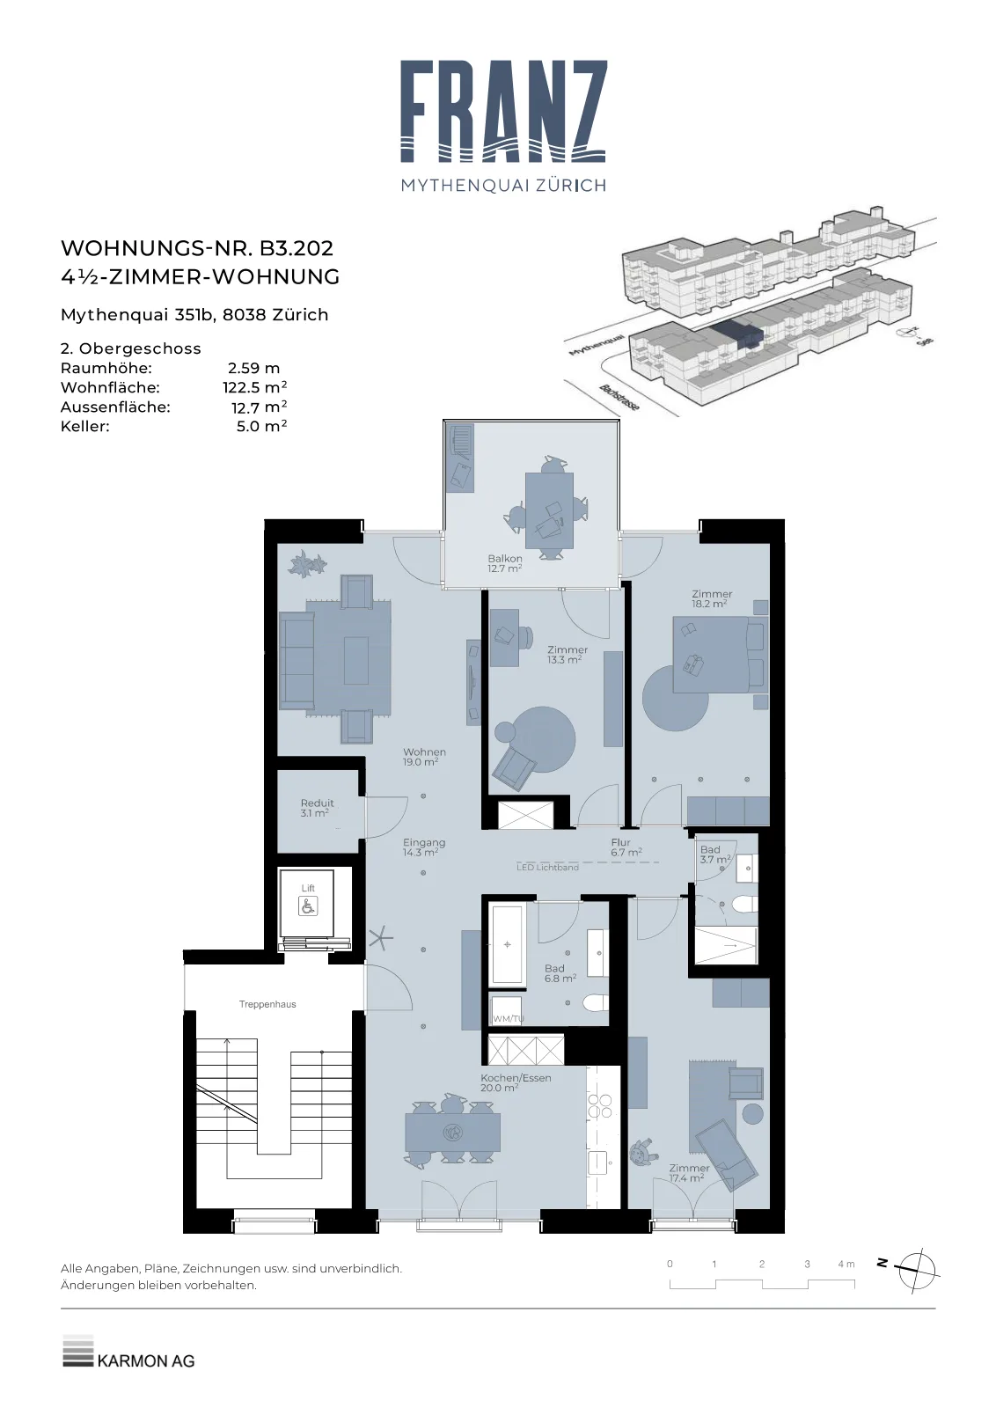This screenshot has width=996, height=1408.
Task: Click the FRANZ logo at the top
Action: pos(503,126)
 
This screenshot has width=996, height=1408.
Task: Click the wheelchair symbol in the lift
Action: pos(308,906)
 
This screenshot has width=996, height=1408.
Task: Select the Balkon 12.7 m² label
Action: pos(504,563)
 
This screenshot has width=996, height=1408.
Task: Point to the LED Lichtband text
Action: pos(547,868)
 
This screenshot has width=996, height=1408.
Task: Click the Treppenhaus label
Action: pos(267,1004)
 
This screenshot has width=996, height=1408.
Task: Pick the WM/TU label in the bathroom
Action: pos(509,1018)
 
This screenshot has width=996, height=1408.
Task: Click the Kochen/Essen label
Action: pos(516,1077)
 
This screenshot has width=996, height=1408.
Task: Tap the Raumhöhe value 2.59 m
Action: pos(254,368)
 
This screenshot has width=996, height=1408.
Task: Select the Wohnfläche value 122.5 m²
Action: pos(254,387)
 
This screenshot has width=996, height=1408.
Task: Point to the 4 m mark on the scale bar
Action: pos(846,1264)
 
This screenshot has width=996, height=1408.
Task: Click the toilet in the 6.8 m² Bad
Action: pos(595,1002)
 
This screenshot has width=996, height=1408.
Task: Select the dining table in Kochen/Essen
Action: pos(452,1132)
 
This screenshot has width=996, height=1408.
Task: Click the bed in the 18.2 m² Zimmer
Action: pos(720,655)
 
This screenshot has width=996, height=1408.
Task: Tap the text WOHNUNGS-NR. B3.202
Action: pos(197,248)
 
